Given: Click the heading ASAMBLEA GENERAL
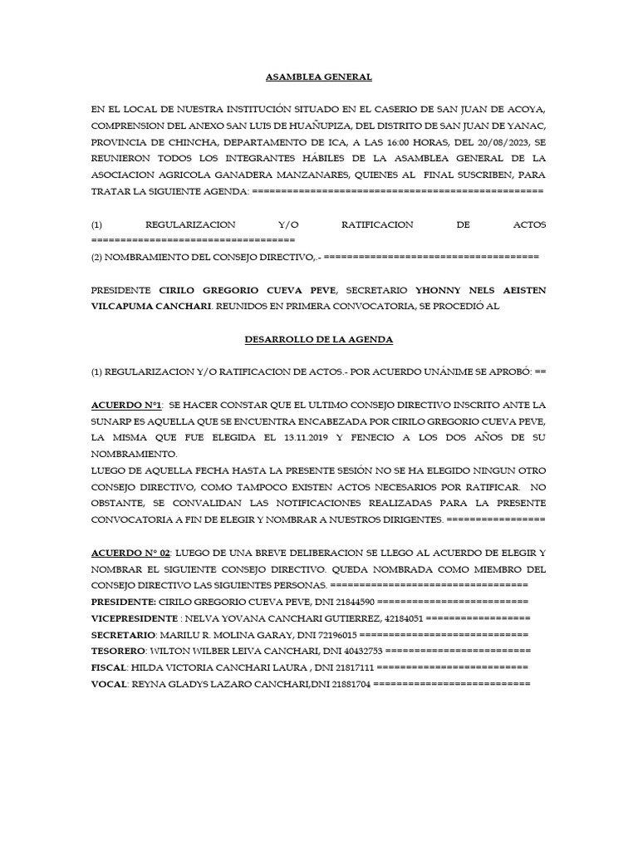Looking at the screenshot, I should tap(318, 76).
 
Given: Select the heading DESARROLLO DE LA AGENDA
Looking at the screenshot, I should tap(318, 340).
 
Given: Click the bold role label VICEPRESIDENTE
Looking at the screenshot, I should tap(134, 618).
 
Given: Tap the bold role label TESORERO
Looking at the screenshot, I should tap(119, 651).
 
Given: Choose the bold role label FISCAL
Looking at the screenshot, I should tap(108, 667).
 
